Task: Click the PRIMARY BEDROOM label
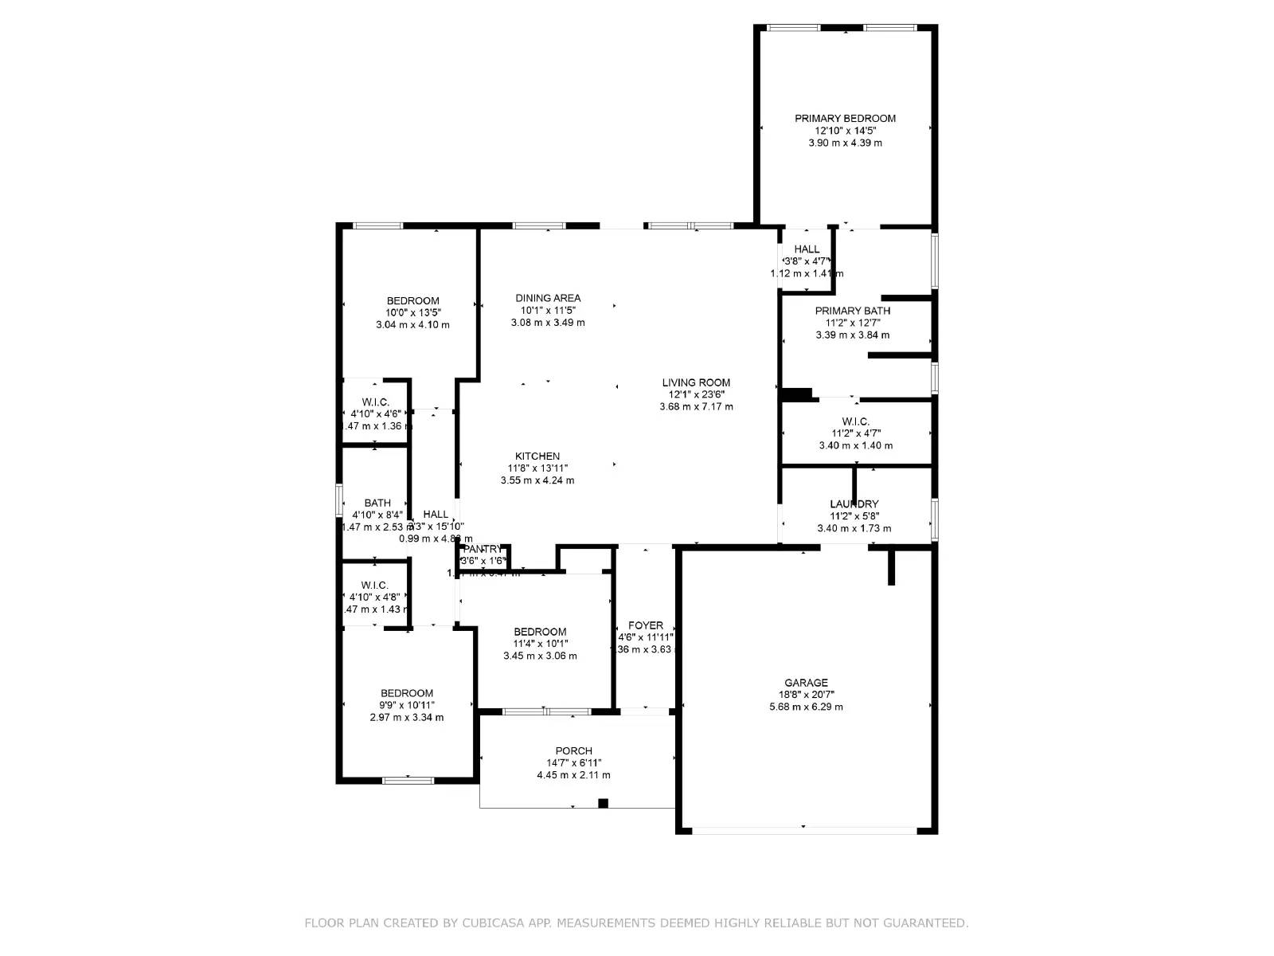click(x=845, y=119)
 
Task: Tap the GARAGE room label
click(x=806, y=683)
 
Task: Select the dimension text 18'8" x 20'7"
click(x=806, y=695)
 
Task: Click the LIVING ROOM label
click(x=696, y=382)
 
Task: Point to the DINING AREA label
click(x=548, y=299)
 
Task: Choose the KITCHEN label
click(x=537, y=456)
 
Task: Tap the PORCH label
click(x=573, y=751)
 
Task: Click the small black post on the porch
click(x=603, y=803)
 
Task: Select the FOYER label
click(x=645, y=625)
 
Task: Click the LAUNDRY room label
click(x=854, y=504)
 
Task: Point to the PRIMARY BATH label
click(x=852, y=311)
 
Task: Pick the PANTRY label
click(x=483, y=549)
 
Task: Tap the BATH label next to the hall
click(x=377, y=503)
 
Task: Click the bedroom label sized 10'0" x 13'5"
click(x=412, y=301)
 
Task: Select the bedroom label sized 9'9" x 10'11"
click(x=406, y=694)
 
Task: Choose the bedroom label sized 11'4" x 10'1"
click(x=540, y=632)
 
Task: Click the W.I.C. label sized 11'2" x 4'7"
click(x=855, y=421)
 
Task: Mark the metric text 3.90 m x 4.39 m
click(x=845, y=143)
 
